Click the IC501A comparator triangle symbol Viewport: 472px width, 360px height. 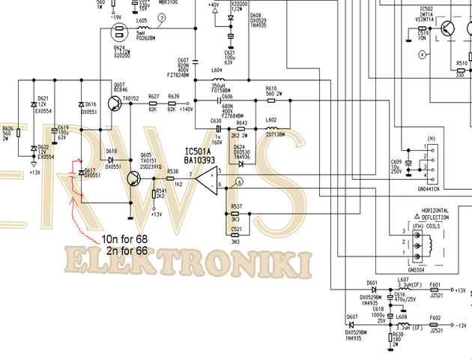[x=205, y=178]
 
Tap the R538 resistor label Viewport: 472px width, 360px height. [x=173, y=171]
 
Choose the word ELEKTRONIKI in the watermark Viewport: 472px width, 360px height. [x=187, y=263]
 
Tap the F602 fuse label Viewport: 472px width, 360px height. [x=435, y=317]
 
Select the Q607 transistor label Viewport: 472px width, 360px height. [x=119, y=85]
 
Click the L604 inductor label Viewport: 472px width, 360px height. [x=217, y=70]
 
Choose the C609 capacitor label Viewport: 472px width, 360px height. [x=396, y=162]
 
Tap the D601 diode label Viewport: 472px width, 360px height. [x=372, y=283]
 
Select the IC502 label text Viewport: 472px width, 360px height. [x=427, y=8]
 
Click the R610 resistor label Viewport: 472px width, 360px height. [x=271, y=88]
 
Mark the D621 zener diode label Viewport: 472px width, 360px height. [x=43, y=98]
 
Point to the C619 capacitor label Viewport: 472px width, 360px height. [x=63, y=127]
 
